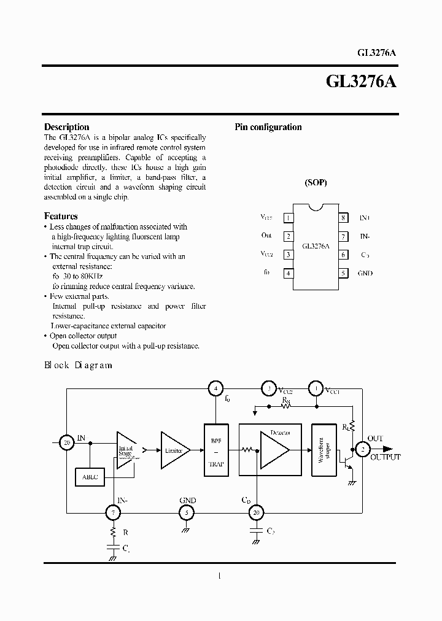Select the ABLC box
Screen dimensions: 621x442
[x=89, y=476]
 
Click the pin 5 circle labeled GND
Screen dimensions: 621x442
[x=187, y=511]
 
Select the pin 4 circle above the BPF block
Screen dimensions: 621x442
[x=215, y=388]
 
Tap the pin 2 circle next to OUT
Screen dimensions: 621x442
[x=363, y=450]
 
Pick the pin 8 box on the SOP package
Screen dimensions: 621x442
[x=344, y=218]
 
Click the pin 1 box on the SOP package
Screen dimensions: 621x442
[x=287, y=218]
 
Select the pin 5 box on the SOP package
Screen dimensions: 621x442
[x=344, y=273]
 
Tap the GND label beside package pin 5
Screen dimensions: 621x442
[x=365, y=273]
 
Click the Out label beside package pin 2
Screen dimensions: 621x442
[x=266, y=236]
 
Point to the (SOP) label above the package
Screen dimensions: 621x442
[x=316, y=183]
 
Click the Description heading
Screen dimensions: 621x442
[x=66, y=127]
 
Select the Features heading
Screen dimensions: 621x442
[x=61, y=216]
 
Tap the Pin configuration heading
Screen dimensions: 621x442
[x=268, y=127]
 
